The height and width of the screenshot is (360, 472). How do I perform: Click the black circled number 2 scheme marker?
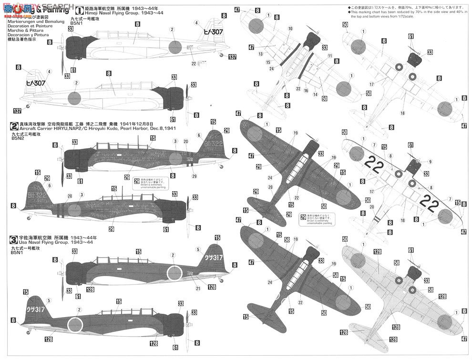pyautogui.click(x=14, y=126)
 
